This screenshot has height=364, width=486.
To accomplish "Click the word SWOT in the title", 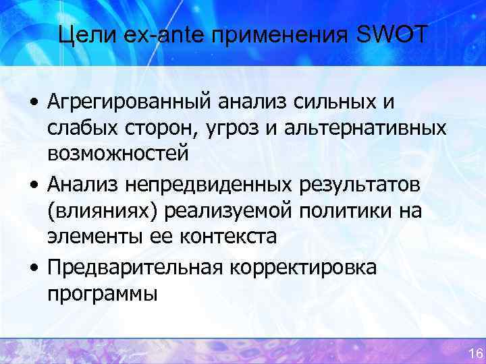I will click(x=391, y=34).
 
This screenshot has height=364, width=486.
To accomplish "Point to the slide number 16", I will click(x=474, y=353).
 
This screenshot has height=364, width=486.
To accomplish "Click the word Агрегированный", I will click(x=129, y=103).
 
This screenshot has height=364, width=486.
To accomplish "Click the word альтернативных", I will click(x=365, y=128).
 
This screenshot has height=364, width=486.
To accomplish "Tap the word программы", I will click(x=102, y=293).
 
